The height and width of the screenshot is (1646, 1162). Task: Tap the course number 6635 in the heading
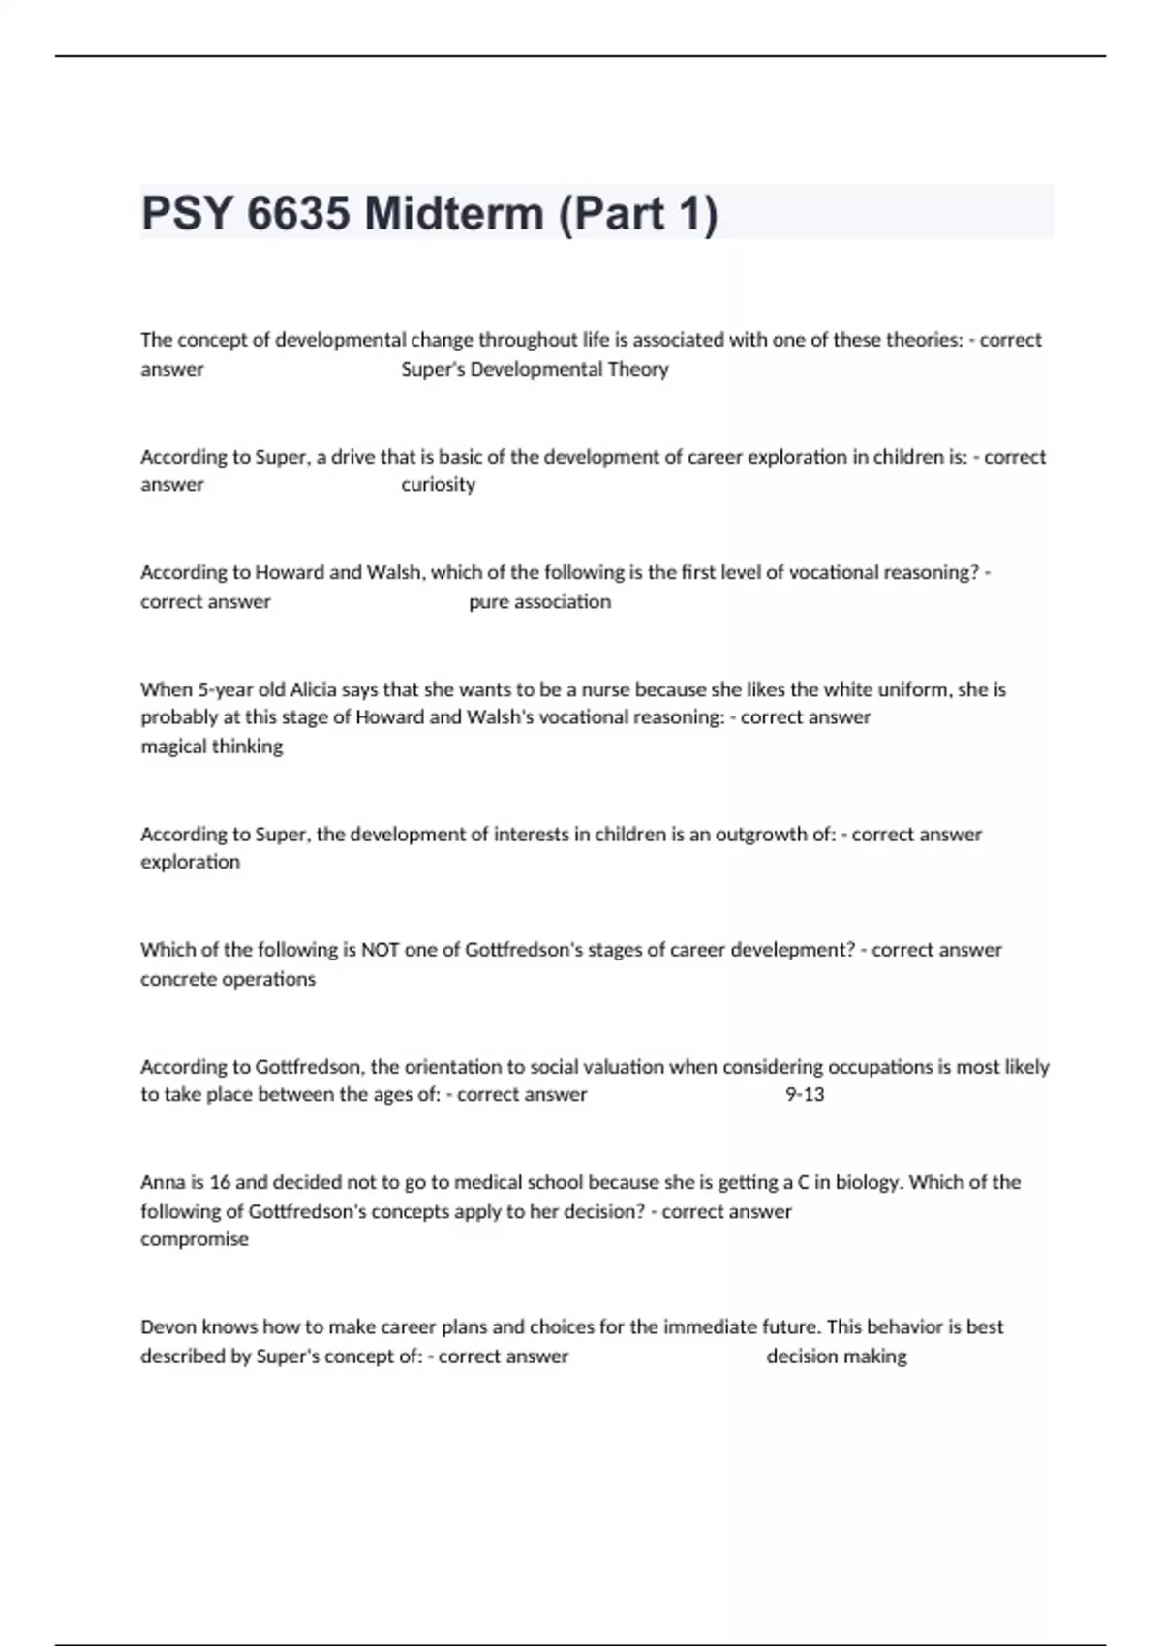[298, 213]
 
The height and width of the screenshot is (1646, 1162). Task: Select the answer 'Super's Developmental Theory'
[535, 369]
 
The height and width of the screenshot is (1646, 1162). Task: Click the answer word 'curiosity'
[438, 484]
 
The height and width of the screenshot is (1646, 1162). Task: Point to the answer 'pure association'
[539, 601]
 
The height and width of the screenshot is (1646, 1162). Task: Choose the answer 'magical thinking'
[212, 747]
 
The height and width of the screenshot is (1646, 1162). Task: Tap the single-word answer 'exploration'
[190, 862]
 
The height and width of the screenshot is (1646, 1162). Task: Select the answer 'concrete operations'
[228, 979]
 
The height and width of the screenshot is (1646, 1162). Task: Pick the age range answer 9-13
[805, 1094]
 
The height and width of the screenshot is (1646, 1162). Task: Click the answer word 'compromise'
[195, 1239]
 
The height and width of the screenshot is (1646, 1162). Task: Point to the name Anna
[160, 1182]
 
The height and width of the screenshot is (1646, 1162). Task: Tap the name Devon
[168, 1326]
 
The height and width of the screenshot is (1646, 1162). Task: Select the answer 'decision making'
[837, 1356]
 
